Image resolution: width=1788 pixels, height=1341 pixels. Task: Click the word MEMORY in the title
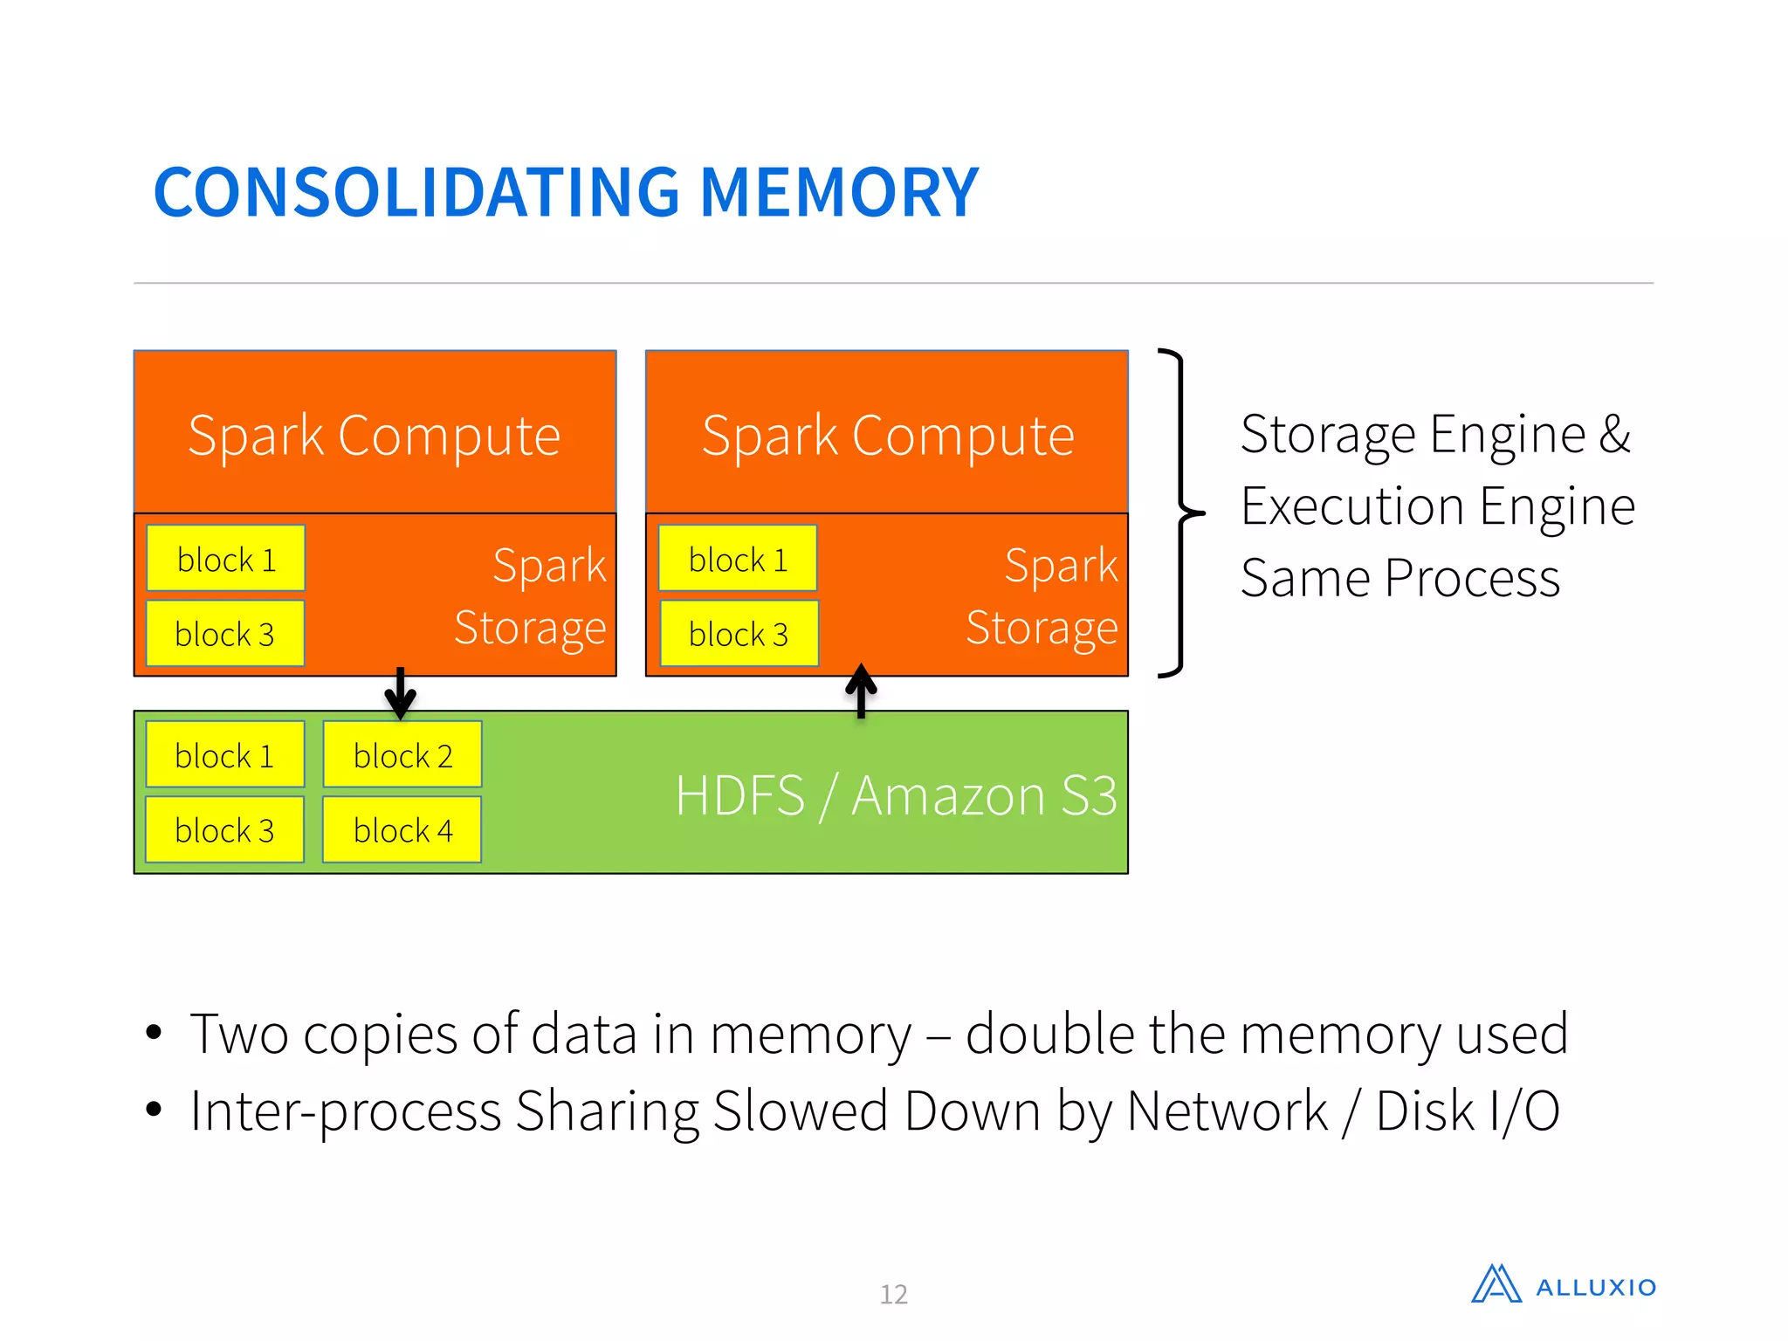[839, 193]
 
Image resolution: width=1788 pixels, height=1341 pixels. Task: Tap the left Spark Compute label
[374, 436]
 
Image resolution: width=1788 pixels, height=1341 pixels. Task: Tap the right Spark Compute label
[887, 436]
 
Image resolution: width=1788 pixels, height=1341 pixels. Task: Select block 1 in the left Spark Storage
[226, 559]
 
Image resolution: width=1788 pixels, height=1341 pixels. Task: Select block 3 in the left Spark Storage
[225, 634]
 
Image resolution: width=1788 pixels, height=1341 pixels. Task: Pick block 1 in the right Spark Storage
[738, 559]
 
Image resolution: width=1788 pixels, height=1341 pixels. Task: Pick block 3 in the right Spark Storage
[739, 634]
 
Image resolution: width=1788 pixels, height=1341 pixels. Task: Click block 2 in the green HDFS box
[402, 755]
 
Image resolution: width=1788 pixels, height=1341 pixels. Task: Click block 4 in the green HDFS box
[402, 830]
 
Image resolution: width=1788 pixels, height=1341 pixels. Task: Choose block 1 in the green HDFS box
[225, 755]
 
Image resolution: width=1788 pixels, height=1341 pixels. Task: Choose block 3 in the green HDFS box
[225, 830]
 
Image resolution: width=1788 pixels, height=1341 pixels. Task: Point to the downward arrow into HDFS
[400, 693]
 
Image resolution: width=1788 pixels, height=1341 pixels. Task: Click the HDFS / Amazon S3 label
[896, 796]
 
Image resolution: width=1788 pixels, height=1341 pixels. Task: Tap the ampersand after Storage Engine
[1614, 434]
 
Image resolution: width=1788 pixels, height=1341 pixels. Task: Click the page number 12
[893, 1294]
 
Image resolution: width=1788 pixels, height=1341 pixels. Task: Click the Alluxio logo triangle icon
[1496, 1284]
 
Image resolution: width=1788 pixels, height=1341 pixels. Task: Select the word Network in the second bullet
[1227, 1111]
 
